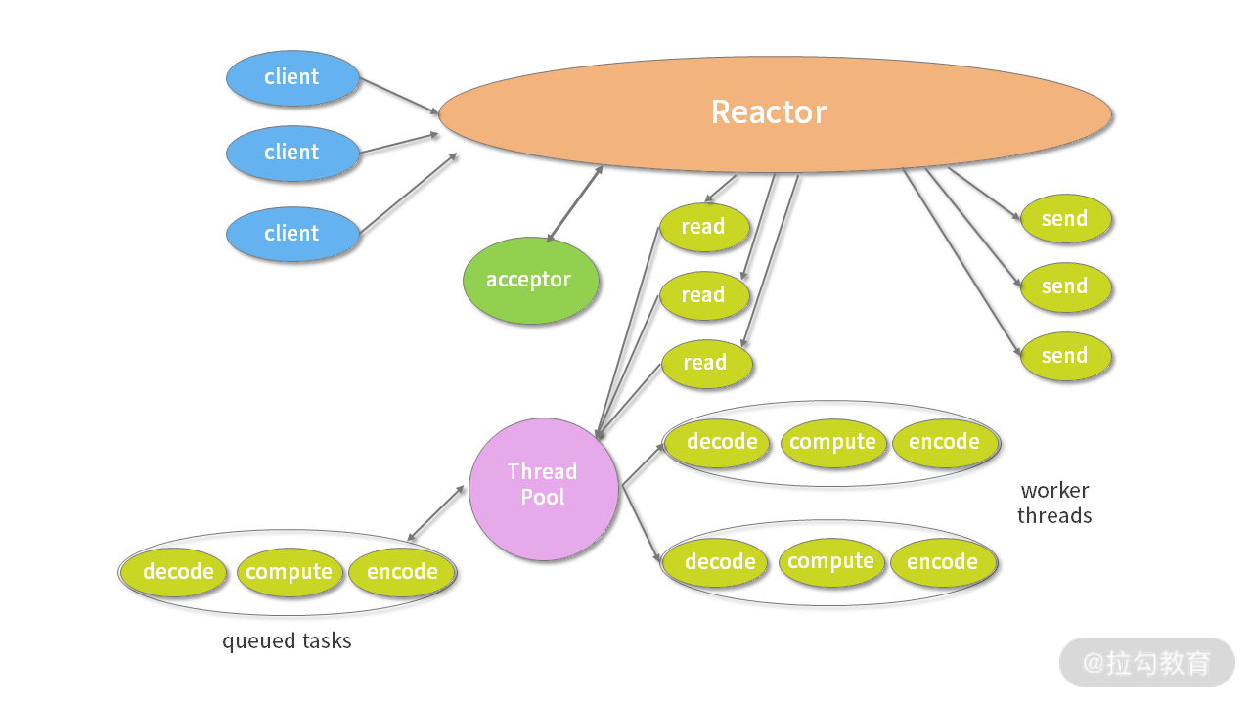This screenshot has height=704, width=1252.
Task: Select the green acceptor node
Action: point(529,281)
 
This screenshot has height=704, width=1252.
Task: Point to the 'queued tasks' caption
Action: point(287,642)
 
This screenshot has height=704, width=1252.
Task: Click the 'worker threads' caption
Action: point(1054,504)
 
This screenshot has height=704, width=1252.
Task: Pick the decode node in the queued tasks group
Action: point(178,572)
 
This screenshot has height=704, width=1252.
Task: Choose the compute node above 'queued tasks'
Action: point(290,572)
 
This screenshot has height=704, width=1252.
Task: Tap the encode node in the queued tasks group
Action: point(402,572)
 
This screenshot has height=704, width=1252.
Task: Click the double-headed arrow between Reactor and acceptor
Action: point(575,204)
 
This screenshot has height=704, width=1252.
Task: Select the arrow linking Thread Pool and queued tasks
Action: point(436,513)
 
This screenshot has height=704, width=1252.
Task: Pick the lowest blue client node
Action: point(291,234)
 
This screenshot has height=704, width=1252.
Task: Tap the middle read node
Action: point(703,295)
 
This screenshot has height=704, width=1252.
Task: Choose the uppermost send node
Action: point(1065,219)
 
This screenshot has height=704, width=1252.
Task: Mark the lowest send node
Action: point(1065,356)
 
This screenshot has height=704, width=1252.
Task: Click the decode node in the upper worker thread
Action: point(722,442)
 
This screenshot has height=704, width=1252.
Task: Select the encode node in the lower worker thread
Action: point(942,562)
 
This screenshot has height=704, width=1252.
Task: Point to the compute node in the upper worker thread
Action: point(832,442)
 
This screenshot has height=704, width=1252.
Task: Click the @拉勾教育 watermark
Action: point(1146,663)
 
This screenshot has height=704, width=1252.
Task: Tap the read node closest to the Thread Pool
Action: point(705,363)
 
